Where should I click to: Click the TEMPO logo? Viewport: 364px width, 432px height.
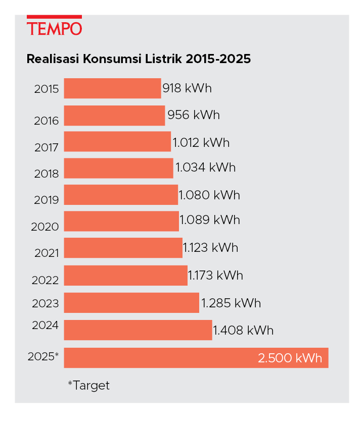(54, 25)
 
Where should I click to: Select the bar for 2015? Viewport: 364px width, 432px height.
(112, 88)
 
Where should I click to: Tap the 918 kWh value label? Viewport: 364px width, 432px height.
(187, 88)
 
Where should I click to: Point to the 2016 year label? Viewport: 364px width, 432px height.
(47, 121)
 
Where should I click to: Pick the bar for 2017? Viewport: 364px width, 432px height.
(117, 141)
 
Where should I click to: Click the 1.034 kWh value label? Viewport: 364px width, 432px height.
(206, 167)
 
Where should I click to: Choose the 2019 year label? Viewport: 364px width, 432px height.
(47, 200)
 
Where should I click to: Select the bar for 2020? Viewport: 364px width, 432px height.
(121, 221)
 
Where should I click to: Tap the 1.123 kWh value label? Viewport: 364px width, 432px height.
(210, 247)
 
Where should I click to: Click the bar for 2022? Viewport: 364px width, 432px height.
(125, 275)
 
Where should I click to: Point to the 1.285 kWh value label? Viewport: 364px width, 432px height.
(231, 303)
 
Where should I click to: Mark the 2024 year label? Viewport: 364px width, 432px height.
(45, 325)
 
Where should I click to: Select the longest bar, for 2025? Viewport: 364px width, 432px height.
(196, 358)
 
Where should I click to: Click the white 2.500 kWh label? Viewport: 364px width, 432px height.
(290, 358)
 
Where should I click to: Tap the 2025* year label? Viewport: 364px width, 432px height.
(43, 356)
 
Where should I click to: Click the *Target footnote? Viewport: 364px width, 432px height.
(88, 386)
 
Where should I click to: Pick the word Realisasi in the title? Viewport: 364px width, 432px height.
(53, 59)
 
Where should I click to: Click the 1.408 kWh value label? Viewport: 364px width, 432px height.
(243, 330)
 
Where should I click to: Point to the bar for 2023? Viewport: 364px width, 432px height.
(131, 302)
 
